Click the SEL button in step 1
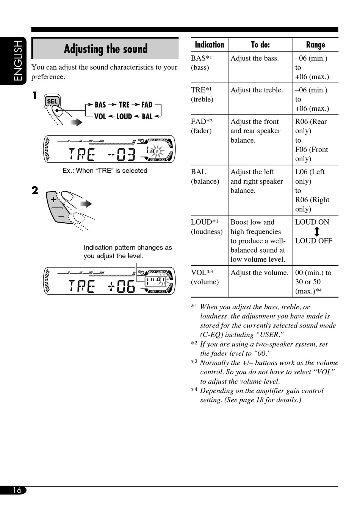coord(52,101)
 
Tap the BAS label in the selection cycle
coord(100,105)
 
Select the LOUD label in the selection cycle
coord(124,117)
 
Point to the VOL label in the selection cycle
coord(100,117)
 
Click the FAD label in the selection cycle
coord(147,105)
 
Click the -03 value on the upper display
coord(122,154)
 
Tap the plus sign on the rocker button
coord(53,200)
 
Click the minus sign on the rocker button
coord(61,215)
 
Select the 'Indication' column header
coord(209,45)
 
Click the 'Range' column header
coord(315,45)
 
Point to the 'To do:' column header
coord(260,45)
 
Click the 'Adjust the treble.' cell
coord(257,90)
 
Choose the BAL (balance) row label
coord(205,176)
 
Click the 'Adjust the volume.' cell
coord(260,273)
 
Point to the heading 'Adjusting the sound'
coord(105,49)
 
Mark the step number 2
coord(35,190)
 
